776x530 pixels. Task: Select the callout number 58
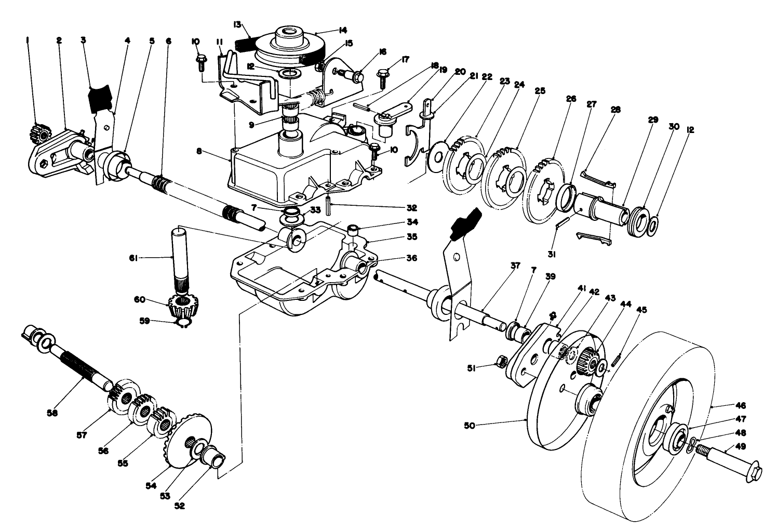pyautogui.click(x=52, y=413)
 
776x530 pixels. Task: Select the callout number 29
pyautogui.click(x=653, y=120)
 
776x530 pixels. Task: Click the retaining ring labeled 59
pyautogui.click(x=183, y=324)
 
